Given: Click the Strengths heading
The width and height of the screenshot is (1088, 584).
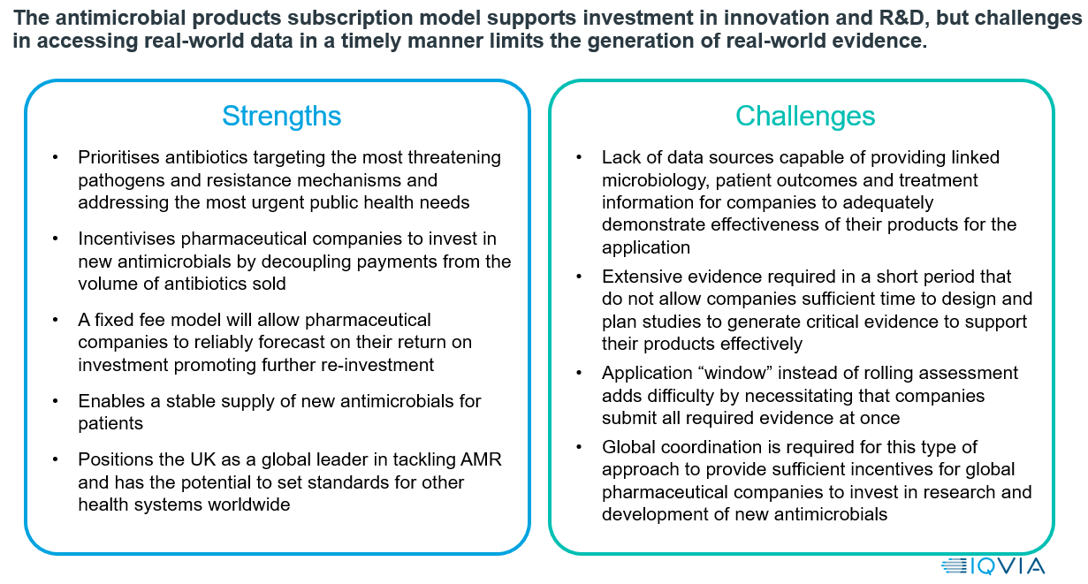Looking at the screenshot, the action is (282, 117).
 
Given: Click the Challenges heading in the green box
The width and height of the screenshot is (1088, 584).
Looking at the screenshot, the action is (805, 117).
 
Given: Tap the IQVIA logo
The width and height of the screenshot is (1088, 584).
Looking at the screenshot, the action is (993, 567).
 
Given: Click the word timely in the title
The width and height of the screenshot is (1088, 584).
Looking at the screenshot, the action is (370, 42).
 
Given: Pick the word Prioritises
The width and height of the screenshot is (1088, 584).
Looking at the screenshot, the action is (119, 157).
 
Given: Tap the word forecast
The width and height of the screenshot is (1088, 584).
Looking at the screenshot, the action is (291, 342).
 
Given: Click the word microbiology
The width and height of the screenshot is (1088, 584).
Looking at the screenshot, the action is (656, 181).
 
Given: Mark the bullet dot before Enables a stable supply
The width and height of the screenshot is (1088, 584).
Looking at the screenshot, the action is (56, 401).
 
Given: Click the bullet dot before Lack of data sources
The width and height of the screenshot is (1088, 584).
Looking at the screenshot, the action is (579, 158).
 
